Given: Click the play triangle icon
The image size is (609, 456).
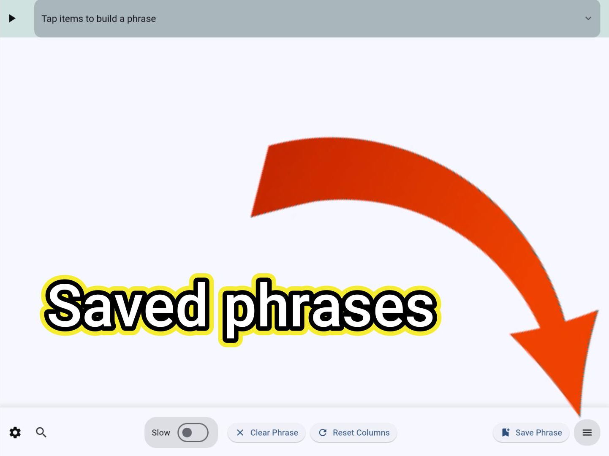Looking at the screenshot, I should click(12, 18).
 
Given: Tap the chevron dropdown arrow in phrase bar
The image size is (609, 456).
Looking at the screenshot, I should click(588, 18).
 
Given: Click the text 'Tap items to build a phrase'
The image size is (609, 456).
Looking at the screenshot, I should click(98, 19).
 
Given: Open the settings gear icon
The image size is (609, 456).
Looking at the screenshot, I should click(15, 432).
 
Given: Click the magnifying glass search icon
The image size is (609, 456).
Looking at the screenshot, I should click(41, 432).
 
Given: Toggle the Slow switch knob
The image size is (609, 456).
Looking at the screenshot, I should click(188, 432).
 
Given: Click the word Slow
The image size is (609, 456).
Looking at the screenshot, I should click(161, 433).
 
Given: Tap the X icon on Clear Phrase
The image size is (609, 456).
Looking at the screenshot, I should click(240, 432).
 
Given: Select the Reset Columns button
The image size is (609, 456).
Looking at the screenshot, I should click(353, 433).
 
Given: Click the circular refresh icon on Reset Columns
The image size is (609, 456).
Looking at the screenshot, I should click(323, 432).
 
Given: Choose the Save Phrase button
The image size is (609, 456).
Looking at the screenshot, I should click(531, 433).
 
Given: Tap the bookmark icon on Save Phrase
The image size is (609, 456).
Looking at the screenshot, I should click(506, 432).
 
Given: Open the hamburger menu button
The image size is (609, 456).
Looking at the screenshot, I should click(587, 432).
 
